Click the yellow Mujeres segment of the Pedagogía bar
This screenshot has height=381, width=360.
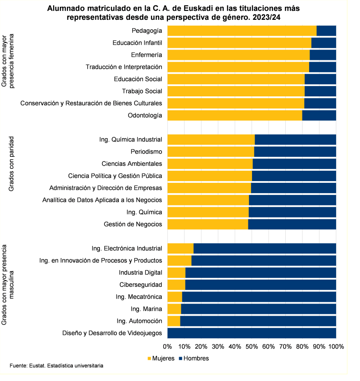click(x=242, y=31)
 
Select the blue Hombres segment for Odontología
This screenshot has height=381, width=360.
click(x=319, y=115)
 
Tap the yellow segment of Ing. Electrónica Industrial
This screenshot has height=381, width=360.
click(x=180, y=248)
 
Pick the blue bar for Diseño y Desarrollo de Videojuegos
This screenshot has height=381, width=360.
click(x=252, y=333)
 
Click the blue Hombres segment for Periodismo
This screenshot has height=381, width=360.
click(x=295, y=151)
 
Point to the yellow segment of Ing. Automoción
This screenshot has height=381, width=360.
click(x=174, y=321)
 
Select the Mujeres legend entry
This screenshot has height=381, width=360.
click(x=161, y=358)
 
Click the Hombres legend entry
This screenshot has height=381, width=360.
click(x=194, y=358)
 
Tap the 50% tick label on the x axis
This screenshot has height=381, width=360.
click(x=252, y=347)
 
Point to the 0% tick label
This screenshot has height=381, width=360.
click(x=167, y=347)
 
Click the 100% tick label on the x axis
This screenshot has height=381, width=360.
click(x=336, y=347)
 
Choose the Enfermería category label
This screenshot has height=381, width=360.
click(x=146, y=55)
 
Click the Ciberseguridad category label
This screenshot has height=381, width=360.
click(x=140, y=285)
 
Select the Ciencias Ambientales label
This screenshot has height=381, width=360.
click(x=131, y=163)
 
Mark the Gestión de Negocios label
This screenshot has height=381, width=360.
click(x=133, y=224)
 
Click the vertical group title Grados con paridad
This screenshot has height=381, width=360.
click(x=12, y=164)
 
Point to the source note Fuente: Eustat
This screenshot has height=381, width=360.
click(x=56, y=366)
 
